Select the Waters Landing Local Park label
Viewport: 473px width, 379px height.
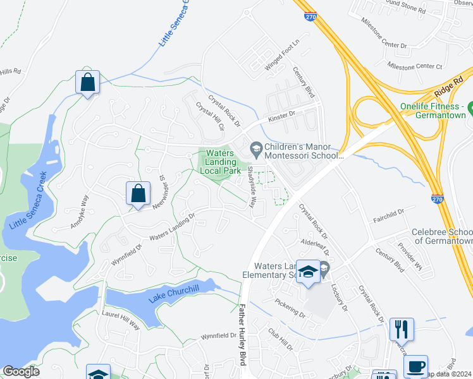coord(221,162)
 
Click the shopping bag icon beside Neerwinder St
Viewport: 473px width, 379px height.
coord(138,195)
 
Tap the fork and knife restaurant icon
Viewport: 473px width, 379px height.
coord(402,329)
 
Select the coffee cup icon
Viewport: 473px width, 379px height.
coord(415,367)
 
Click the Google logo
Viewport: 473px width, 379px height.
coord(21,371)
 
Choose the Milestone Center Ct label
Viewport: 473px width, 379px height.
coord(415,66)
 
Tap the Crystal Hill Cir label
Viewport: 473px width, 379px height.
coord(210,117)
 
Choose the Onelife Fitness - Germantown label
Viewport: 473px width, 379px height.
coord(437,111)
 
